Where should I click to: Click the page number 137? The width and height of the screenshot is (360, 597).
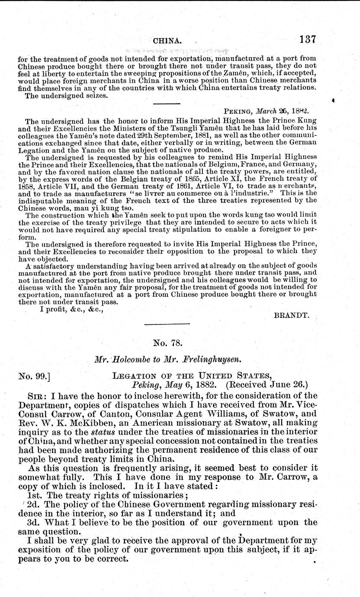(308, 39)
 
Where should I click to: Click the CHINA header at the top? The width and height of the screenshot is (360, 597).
(167, 41)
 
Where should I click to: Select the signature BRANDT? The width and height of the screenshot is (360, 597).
(292, 316)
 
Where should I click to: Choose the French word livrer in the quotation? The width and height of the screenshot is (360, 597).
(150, 193)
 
